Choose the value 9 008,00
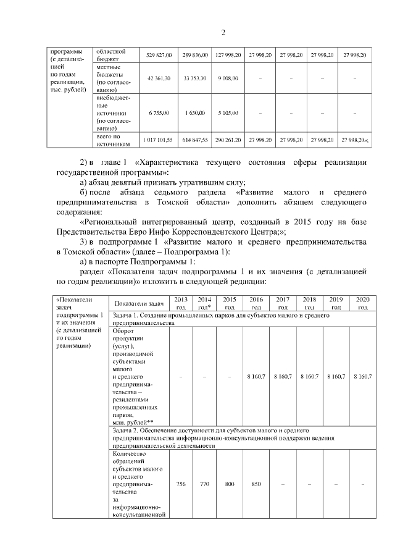point(228,78)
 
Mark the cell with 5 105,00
point(228,113)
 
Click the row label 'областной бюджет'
point(110,55)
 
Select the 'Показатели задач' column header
point(139,303)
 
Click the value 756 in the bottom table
point(181,484)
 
